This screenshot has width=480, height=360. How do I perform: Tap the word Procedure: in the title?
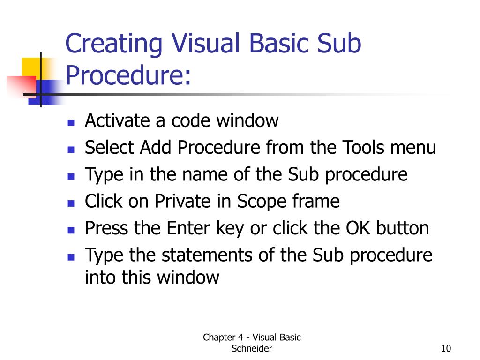tap(129, 75)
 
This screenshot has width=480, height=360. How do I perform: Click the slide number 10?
tap(445, 348)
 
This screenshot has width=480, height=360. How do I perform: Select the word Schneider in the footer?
tap(252, 348)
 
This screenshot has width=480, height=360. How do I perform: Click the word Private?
tap(179, 202)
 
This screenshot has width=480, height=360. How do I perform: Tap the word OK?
tap(358, 229)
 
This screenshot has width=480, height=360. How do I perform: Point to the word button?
tap(403, 229)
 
